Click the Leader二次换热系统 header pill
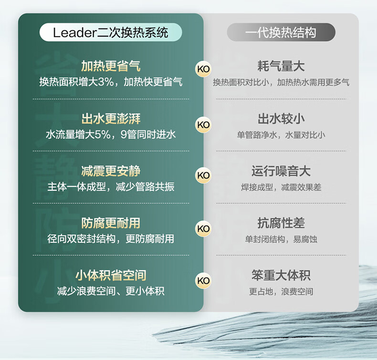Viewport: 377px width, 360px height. (111, 32)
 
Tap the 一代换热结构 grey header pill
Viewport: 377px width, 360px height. (281, 32)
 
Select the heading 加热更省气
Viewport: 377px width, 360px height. (111, 66)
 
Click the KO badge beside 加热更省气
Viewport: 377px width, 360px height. (203, 69)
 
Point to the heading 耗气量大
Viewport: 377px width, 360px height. (281, 66)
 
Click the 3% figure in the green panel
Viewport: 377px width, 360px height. (106, 82)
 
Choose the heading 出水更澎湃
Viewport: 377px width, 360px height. (111, 119)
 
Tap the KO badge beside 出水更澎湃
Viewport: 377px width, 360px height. (203, 125)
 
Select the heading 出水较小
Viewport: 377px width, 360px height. (281, 119)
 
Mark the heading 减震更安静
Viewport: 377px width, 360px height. (111, 171)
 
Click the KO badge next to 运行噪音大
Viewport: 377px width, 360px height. (203, 175)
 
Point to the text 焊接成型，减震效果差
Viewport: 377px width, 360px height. (281, 187)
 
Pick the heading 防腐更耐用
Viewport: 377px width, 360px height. (111, 223)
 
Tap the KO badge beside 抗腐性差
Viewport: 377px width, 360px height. (203, 228)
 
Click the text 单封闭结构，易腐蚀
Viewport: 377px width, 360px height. (281, 239)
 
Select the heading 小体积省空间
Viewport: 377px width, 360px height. (111, 275)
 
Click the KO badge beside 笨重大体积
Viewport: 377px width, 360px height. (203, 280)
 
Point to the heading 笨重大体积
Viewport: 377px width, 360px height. (281, 275)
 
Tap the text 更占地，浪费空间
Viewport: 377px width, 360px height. (281, 291)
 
